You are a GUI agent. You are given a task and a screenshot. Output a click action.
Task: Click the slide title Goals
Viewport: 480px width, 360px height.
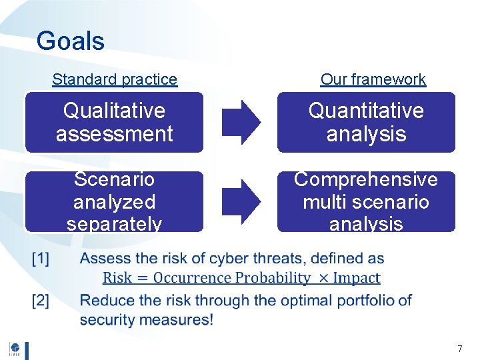coord(70,41)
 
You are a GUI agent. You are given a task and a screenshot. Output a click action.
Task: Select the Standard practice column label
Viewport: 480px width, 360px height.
coord(115,79)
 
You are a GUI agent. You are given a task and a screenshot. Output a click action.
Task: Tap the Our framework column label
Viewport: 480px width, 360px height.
coord(373,79)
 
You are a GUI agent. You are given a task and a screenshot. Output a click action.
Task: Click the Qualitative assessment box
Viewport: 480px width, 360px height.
coord(114,122)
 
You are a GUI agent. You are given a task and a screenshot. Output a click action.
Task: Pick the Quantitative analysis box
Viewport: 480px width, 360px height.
coord(366,122)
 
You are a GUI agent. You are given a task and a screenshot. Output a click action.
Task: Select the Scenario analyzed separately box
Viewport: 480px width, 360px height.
coord(114,201)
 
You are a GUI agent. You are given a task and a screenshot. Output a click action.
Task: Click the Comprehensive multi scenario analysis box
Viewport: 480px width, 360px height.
coord(366,201)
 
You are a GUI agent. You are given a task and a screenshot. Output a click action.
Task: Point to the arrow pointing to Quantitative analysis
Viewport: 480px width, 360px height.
coord(241,122)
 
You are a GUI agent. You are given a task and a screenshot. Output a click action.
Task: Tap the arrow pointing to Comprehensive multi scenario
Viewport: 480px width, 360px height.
coord(241,201)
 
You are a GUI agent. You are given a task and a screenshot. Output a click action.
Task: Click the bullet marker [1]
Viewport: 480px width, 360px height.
coord(41,259)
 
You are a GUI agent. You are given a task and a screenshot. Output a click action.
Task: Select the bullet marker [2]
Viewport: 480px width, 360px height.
coord(41,301)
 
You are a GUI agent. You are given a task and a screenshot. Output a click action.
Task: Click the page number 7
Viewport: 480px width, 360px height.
coord(459,349)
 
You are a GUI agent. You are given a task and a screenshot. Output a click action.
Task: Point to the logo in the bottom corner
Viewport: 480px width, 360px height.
coord(15,349)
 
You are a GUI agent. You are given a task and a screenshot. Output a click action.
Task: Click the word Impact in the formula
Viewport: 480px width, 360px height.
coord(358,278)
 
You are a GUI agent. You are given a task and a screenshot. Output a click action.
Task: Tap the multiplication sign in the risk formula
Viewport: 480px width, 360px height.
coord(325,279)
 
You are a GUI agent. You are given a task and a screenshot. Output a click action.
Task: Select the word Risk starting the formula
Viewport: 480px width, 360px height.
coord(117,278)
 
